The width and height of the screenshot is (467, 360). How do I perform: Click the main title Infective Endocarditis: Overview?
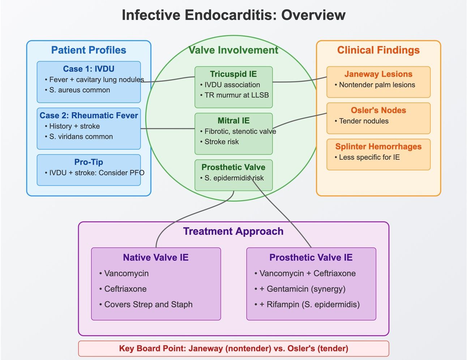[x=233, y=15]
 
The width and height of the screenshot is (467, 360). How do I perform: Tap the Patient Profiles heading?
[x=89, y=50]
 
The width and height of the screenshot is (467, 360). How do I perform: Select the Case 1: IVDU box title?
[x=89, y=69]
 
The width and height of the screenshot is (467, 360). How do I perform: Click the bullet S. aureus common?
[x=78, y=90]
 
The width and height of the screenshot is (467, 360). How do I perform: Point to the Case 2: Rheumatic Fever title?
[x=89, y=115]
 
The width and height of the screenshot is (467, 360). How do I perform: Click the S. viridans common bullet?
[x=79, y=136]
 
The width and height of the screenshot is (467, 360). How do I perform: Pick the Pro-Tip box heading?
[x=89, y=162]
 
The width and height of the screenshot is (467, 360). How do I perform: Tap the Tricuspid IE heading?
[x=233, y=74]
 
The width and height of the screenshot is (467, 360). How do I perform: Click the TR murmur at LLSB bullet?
[x=235, y=95]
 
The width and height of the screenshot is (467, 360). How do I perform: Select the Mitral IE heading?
[x=233, y=120]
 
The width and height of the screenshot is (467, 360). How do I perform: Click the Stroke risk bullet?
[x=219, y=142]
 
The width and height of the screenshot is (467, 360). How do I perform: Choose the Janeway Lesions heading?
[x=378, y=74]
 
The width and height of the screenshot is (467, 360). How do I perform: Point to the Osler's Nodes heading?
[x=378, y=110]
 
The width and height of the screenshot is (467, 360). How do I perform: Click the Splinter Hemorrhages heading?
[x=378, y=146]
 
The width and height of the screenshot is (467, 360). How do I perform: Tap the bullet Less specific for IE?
[x=367, y=157]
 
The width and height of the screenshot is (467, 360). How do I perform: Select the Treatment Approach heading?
[x=233, y=231]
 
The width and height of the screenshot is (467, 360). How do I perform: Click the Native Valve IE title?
[x=156, y=257]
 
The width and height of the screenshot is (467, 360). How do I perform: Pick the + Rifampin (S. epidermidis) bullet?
[x=307, y=304]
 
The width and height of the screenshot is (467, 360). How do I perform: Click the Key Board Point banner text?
[x=233, y=348]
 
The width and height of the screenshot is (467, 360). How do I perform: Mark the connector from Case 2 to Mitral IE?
[x=168, y=128]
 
